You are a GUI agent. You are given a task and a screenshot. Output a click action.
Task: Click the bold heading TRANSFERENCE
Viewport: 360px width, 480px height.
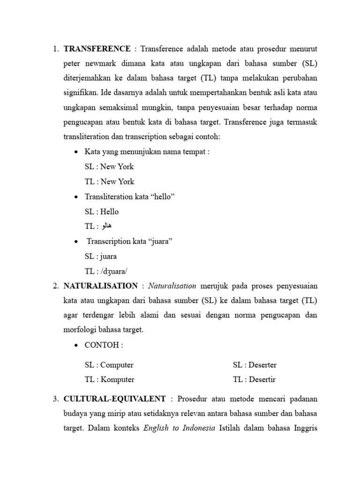coord(97,48)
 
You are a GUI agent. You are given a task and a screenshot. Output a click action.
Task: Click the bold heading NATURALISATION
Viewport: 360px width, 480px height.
coord(101,285)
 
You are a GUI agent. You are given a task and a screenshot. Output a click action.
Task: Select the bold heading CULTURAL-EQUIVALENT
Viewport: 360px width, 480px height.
coord(114,398)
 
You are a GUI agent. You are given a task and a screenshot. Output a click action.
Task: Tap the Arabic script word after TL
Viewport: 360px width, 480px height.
coord(106,226)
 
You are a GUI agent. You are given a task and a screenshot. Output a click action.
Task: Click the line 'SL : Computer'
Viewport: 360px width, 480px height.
coord(109,365)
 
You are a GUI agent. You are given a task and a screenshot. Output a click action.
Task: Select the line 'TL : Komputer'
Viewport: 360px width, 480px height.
coord(109,379)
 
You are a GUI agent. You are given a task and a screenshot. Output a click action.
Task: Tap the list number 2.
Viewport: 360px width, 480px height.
coord(55,285)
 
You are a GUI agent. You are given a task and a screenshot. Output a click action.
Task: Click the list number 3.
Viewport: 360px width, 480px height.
coord(55,398)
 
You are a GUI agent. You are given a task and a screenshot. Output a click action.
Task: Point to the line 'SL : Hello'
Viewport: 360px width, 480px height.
coord(102,211)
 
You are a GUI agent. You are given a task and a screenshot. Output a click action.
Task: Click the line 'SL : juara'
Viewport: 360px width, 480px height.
coord(101,256)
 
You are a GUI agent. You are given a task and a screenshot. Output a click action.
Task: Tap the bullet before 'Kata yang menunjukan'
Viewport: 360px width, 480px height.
coord(76,152)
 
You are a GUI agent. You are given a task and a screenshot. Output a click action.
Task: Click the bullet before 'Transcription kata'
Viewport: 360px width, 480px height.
coord(76,241)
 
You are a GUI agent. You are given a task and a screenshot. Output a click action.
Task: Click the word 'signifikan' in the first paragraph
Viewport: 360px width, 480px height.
coord(82,93)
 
